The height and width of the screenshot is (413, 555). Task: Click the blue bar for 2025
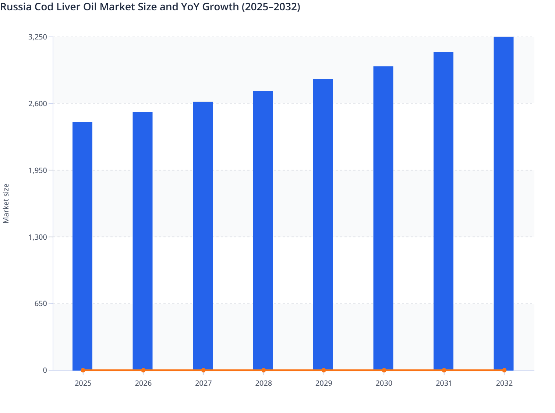click(82, 246)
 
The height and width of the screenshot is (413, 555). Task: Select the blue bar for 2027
click(203, 236)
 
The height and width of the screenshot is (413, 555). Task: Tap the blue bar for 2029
click(323, 224)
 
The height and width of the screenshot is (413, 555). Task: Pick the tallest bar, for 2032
click(503, 203)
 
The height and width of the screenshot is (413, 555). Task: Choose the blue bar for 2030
click(383, 218)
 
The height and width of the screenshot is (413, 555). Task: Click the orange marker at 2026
click(143, 370)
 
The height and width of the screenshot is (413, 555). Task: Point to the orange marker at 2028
click(264, 370)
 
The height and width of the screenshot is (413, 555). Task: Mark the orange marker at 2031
click(444, 370)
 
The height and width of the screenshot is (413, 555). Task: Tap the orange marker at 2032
click(504, 370)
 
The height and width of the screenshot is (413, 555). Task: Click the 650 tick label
click(41, 303)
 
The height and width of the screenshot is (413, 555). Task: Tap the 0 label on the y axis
click(45, 370)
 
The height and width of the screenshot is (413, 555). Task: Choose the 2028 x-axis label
click(264, 383)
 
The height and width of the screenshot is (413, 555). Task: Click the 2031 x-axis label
click(444, 383)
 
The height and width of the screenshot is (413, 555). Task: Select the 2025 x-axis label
click(83, 383)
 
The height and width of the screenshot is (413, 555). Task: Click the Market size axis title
click(6, 203)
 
